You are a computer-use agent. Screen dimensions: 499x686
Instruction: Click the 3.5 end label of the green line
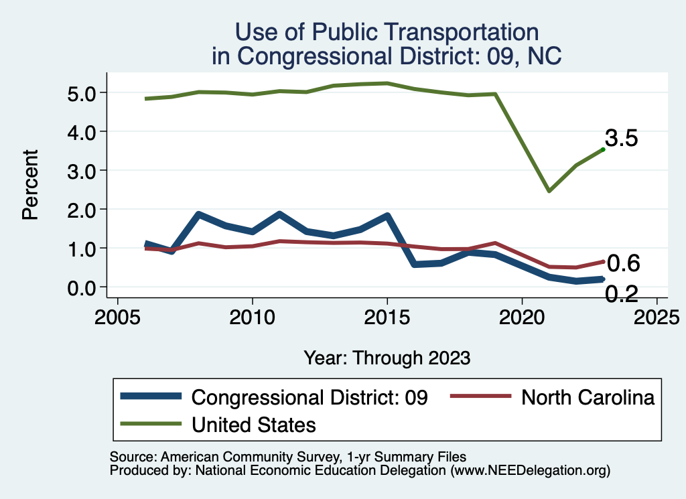[x=621, y=139]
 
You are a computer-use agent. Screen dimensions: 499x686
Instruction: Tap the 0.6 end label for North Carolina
[x=623, y=264]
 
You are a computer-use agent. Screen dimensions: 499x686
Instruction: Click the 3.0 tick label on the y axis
[x=86, y=170]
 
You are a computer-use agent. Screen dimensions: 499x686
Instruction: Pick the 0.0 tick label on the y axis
[x=86, y=287]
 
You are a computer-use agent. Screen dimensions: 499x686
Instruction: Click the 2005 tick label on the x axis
[x=118, y=315]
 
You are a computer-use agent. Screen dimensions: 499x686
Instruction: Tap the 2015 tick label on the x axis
[x=387, y=315]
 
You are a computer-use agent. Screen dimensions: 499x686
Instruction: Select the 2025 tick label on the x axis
[x=657, y=315]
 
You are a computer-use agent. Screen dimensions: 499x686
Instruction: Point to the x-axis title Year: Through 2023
[x=387, y=357]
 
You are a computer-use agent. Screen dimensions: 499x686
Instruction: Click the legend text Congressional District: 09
[x=310, y=397]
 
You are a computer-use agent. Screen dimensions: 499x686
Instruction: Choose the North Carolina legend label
[x=587, y=397]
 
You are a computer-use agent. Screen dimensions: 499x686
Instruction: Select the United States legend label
[x=254, y=425]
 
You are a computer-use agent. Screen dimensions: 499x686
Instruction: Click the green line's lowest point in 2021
[x=549, y=191]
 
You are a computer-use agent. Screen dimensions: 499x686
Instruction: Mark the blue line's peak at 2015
[x=387, y=216]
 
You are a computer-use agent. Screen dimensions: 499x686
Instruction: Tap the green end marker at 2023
[x=603, y=149]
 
